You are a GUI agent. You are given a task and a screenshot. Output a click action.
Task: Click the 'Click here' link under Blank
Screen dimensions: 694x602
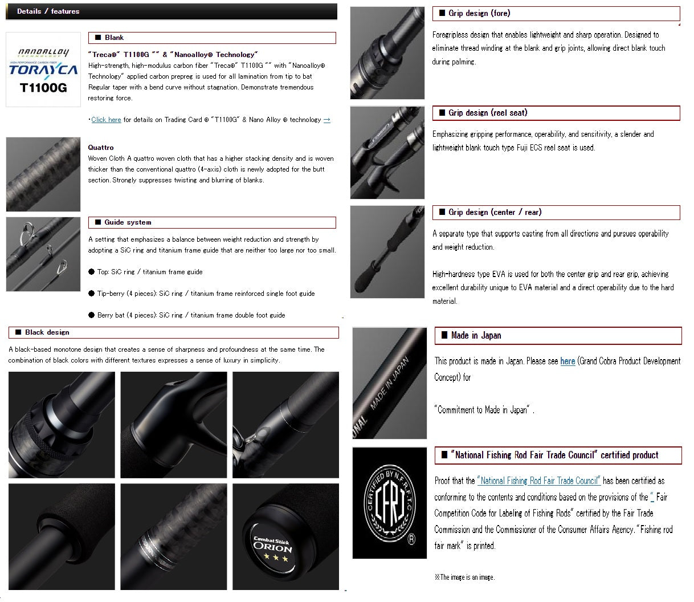[106, 120]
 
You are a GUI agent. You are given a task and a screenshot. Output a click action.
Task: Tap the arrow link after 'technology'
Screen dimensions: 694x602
[326, 120]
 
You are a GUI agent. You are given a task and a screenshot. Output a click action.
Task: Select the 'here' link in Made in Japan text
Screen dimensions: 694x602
[568, 361]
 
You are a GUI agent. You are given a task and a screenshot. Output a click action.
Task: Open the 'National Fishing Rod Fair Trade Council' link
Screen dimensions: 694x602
[538, 481]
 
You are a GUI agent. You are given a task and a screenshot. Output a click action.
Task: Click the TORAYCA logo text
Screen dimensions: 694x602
[43, 70]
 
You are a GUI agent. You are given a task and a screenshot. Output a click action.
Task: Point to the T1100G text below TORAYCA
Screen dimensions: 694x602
[43, 88]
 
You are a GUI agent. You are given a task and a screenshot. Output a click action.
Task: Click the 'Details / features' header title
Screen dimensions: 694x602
[48, 11]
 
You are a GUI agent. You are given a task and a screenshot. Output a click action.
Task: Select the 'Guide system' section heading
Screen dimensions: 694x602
[128, 222]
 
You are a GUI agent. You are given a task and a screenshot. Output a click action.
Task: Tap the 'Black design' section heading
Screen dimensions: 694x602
[47, 332]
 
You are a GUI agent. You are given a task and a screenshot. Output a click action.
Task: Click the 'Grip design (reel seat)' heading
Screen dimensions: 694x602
[488, 113]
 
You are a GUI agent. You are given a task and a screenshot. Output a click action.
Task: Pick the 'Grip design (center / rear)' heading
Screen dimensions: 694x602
[495, 212]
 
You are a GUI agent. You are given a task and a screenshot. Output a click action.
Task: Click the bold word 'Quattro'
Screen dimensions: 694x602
[101, 148]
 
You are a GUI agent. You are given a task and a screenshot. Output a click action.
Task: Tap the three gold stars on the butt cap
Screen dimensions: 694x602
[276, 558]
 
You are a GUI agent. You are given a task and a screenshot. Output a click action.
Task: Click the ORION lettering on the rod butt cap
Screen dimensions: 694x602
[272, 547]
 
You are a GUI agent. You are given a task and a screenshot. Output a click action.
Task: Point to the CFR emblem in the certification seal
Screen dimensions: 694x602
[390, 505]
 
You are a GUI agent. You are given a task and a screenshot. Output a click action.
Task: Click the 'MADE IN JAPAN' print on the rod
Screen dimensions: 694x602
[390, 383]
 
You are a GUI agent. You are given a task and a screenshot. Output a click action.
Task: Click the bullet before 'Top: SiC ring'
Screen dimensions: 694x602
[91, 272]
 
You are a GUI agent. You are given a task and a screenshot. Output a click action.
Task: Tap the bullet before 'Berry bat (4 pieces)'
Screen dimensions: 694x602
[91, 315]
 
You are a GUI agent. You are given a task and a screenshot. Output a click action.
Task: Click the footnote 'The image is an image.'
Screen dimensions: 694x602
[464, 577]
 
